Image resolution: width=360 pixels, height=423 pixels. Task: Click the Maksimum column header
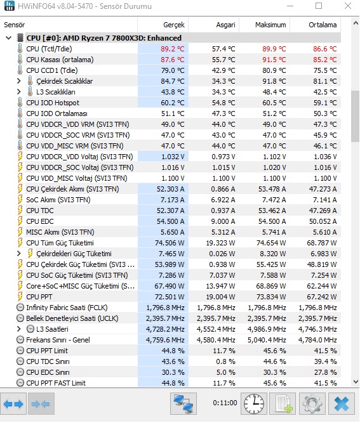[x=270, y=25]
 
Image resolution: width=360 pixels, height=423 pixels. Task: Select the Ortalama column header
[x=323, y=25]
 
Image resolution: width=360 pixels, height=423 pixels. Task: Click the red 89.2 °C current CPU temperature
[x=172, y=49]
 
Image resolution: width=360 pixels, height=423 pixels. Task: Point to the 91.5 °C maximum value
[x=274, y=60]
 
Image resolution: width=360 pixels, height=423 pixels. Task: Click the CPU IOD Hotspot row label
[x=53, y=103]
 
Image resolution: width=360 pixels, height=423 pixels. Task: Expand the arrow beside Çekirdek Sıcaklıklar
[x=18, y=81]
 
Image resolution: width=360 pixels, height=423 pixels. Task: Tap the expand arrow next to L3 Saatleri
[x=18, y=329]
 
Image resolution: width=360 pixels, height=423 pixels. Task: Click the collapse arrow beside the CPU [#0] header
[x=9, y=38]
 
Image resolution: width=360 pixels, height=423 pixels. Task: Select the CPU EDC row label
[x=40, y=221]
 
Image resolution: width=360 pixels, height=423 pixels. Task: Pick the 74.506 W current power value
[x=170, y=243]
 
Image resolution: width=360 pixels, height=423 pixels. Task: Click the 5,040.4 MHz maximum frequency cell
[x=267, y=340]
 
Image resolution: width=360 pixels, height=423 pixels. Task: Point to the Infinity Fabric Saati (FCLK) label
[x=67, y=308]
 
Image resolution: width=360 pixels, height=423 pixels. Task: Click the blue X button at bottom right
[x=342, y=404]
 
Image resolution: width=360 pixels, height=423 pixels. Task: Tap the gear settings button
[x=312, y=404]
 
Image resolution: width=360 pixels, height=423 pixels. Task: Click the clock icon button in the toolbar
[x=254, y=404]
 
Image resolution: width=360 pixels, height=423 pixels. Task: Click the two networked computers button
[x=183, y=404]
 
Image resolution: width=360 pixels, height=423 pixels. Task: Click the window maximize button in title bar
[x=319, y=6]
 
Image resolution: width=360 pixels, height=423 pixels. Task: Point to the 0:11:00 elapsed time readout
[x=225, y=403]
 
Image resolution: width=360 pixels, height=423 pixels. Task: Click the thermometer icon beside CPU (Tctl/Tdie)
[x=20, y=49]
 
